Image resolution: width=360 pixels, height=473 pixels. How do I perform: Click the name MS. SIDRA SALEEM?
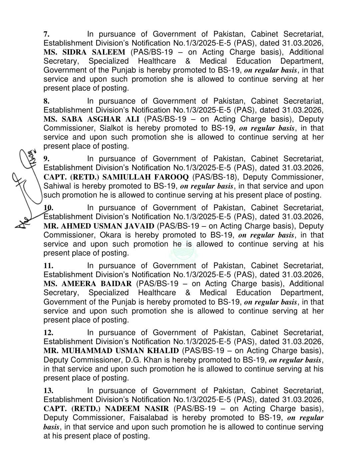pos(84,52)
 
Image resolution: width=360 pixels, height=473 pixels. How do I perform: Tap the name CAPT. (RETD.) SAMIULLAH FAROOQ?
pos(116,177)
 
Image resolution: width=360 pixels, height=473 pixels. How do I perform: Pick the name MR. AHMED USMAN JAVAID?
pos(99,226)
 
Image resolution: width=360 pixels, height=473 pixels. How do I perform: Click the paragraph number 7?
pos(47,34)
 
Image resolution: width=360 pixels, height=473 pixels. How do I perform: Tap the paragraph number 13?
pos(48,391)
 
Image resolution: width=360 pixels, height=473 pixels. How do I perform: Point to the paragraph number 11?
pos(48,266)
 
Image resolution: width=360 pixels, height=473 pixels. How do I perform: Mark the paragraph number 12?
pos(48,333)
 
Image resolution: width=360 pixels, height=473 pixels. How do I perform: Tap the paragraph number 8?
pos(47,101)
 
